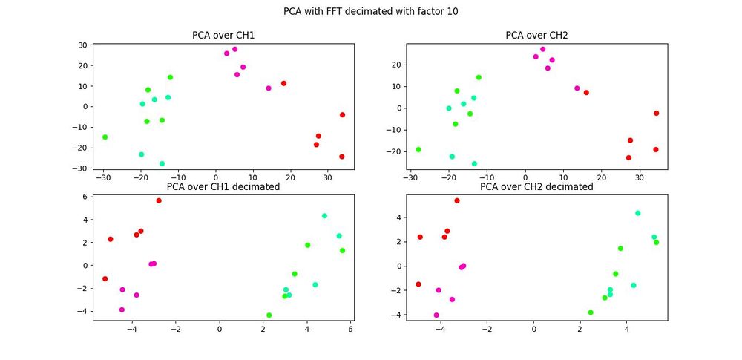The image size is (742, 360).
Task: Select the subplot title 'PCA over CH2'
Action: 536,35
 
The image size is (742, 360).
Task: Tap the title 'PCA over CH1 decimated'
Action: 223,187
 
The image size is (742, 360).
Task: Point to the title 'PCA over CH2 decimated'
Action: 536,187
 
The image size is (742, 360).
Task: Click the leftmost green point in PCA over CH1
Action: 105,137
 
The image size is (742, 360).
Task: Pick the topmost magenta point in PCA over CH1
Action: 234,49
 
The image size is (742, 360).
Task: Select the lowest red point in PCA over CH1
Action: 342,157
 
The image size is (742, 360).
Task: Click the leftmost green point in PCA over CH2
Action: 418,149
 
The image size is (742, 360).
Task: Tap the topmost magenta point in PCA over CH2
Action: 542,49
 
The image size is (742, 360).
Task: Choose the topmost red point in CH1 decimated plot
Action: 159,200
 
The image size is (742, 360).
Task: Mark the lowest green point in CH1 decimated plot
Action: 269,315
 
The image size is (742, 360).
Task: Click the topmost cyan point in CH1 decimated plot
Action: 324,216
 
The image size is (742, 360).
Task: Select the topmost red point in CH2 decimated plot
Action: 457,200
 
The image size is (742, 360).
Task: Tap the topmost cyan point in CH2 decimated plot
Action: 637,213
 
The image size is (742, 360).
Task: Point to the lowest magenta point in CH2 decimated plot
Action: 436,315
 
